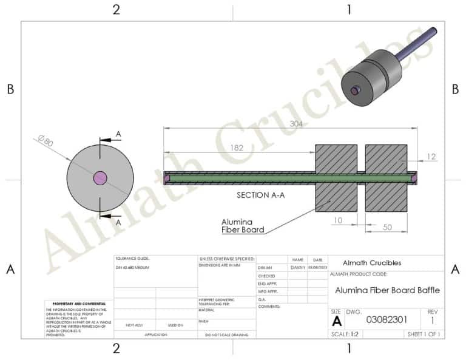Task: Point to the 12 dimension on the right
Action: point(431,157)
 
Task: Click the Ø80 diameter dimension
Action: point(46,143)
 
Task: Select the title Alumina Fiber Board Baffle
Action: point(387,290)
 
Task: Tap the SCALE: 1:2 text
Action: point(345,334)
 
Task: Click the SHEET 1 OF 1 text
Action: point(424,334)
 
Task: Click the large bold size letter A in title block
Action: point(337,321)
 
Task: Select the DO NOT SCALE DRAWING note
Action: point(226,335)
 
